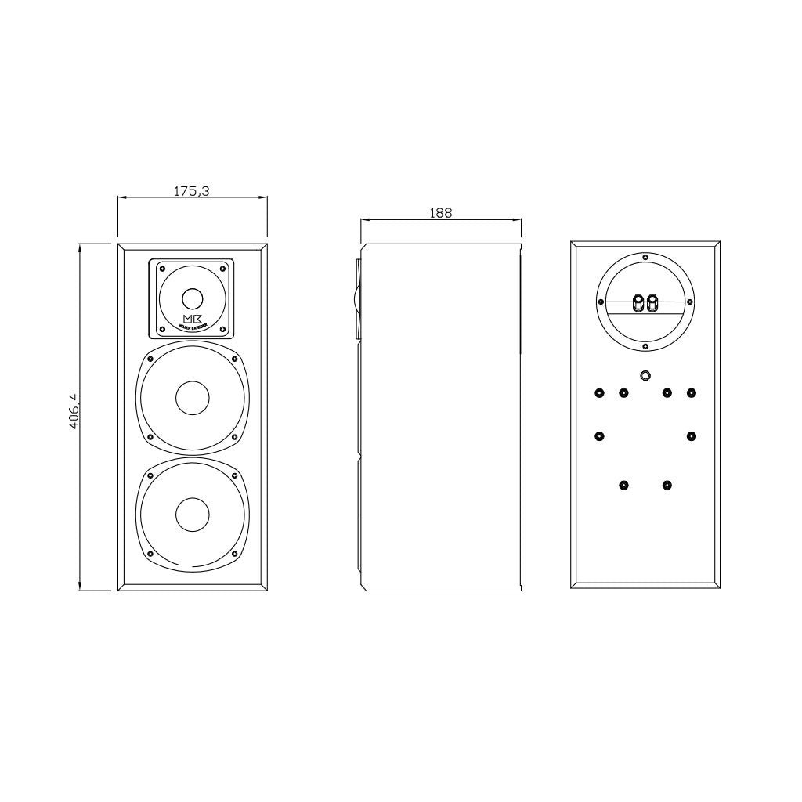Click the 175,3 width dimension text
[x=191, y=190]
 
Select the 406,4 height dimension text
[x=74, y=417]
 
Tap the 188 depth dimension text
[x=440, y=213]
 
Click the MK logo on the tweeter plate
[x=192, y=318]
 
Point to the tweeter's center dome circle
[x=192, y=298]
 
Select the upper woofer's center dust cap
[x=192, y=398]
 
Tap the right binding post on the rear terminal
[x=652, y=301]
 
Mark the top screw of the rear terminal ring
[x=645, y=257]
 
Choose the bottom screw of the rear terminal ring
[x=645, y=345]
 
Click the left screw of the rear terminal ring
[x=601, y=301]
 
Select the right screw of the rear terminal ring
[x=688, y=301]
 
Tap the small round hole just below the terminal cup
[x=645, y=376]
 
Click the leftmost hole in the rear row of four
[x=599, y=392]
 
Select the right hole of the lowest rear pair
[x=666, y=486]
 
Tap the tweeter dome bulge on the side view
[x=357, y=298]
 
